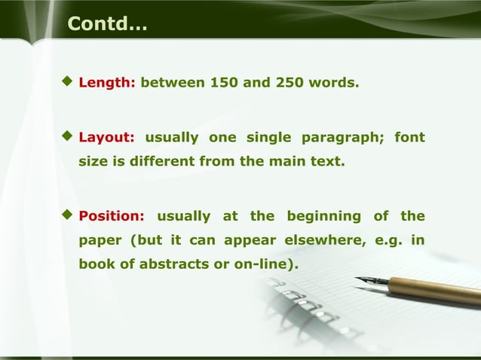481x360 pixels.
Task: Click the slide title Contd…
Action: click(107, 24)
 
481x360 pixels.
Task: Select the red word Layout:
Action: click(107, 138)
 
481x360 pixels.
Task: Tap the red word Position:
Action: click(112, 216)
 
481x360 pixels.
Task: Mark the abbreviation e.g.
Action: click(387, 241)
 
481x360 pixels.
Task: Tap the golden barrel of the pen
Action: click(437, 289)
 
